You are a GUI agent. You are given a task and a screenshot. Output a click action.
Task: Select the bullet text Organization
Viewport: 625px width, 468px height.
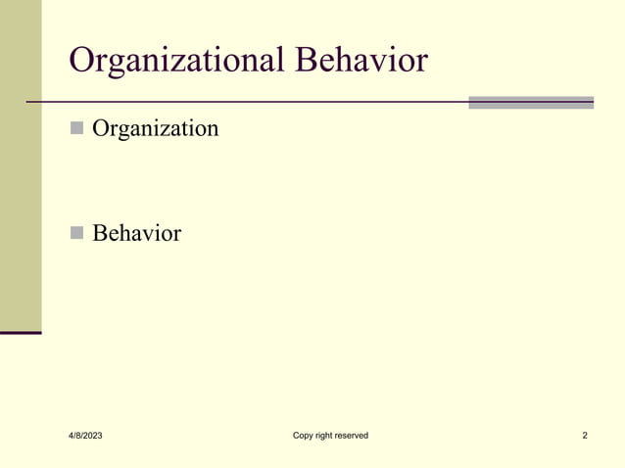coord(155,128)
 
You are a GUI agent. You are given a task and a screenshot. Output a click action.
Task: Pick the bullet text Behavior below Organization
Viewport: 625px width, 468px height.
coord(136,234)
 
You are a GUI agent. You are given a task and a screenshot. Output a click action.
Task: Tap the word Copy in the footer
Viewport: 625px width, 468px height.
coord(304,435)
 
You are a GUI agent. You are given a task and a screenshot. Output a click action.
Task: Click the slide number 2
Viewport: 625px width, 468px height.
coord(585,435)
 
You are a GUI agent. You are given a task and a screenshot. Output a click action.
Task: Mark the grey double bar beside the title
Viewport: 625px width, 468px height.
coord(531,102)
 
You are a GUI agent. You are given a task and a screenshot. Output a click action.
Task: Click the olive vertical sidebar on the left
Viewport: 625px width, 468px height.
coord(21,166)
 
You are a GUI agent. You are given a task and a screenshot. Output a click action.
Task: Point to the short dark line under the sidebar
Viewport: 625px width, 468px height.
coord(21,333)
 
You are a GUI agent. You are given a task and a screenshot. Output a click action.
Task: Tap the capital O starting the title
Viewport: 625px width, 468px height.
coord(82,61)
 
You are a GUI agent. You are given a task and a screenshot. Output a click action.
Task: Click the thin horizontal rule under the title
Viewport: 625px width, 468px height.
coord(245,102)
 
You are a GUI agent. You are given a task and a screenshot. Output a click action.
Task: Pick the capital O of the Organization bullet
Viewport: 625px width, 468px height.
coord(101,128)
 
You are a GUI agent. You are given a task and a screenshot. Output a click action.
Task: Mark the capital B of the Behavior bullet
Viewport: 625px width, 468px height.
coord(99,234)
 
